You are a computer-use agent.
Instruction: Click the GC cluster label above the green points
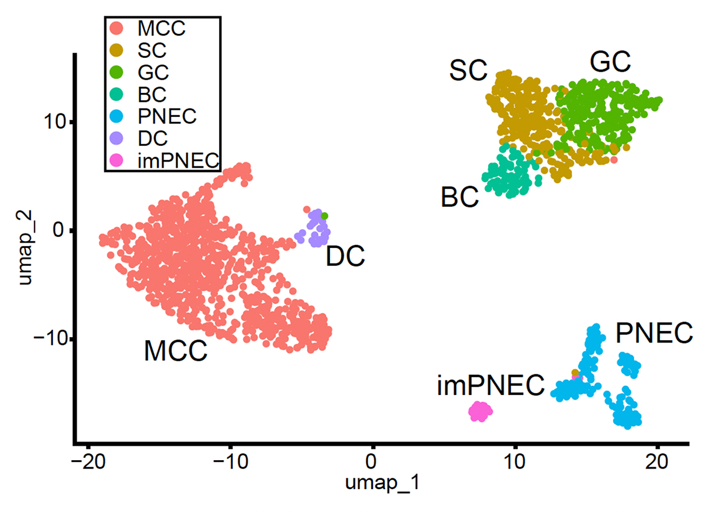tap(610, 62)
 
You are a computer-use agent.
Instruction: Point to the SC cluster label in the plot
tap(468, 71)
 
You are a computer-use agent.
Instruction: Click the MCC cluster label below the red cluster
tap(176, 350)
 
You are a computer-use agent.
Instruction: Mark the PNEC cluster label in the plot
tap(654, 333)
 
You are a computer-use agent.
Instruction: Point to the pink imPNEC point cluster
tap(480, 411)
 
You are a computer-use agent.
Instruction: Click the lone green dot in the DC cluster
tap(325, 216)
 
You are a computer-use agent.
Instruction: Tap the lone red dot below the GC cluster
tap(614, 160)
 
